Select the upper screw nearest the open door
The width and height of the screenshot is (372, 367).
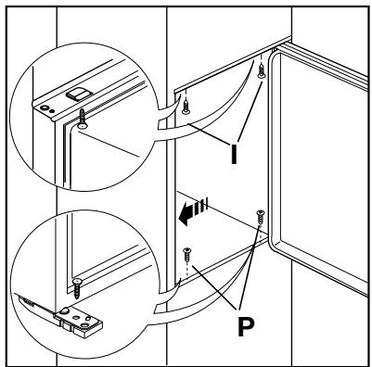pos(263,70)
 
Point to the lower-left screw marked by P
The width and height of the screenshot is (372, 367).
pos(187,253)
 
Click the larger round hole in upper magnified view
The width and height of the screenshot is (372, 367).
pos(44,107)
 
